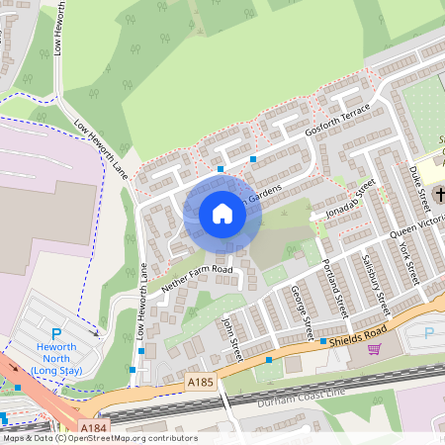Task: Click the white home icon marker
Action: (222, 214)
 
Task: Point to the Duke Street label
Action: (419, 186)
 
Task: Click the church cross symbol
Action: (437, 192)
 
